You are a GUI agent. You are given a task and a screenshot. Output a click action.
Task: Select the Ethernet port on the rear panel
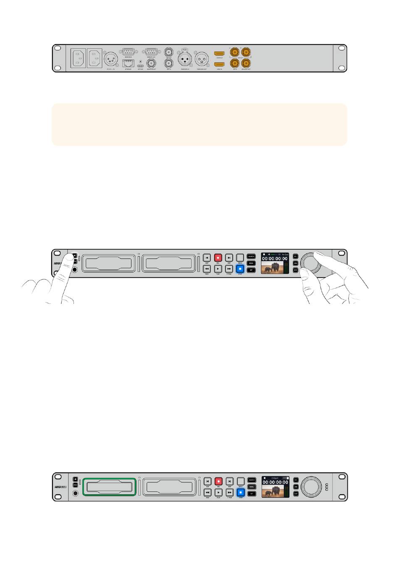click(128, 63)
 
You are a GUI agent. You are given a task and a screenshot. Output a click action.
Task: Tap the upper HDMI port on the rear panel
click(220, 54)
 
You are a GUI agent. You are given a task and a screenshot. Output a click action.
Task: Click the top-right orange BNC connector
click(246, 53)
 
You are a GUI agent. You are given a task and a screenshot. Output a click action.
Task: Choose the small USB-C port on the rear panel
click(140, 66)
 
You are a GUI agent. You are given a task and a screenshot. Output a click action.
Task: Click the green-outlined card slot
click(109, 487)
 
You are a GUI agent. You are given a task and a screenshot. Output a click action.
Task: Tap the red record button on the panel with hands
click(218, 257)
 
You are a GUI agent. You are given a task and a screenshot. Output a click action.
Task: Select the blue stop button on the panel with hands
click(240, 269)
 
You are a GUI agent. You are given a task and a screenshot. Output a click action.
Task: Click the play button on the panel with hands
click(218, 269)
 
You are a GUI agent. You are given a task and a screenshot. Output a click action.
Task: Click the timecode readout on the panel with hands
click(275, 259)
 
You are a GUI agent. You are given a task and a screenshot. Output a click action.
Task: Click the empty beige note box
click(199, 125)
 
